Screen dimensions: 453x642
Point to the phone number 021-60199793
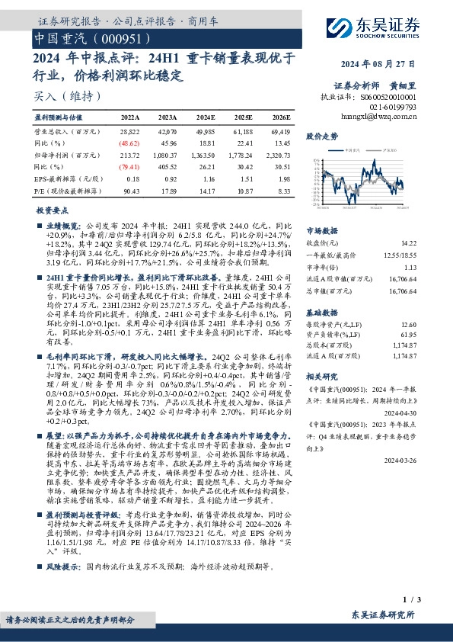tap(396, 108)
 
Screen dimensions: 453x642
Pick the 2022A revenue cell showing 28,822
tap(130, 132)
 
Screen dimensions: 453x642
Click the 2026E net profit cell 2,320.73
tap(277, 154)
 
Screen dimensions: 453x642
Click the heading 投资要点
tap(53, 209)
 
